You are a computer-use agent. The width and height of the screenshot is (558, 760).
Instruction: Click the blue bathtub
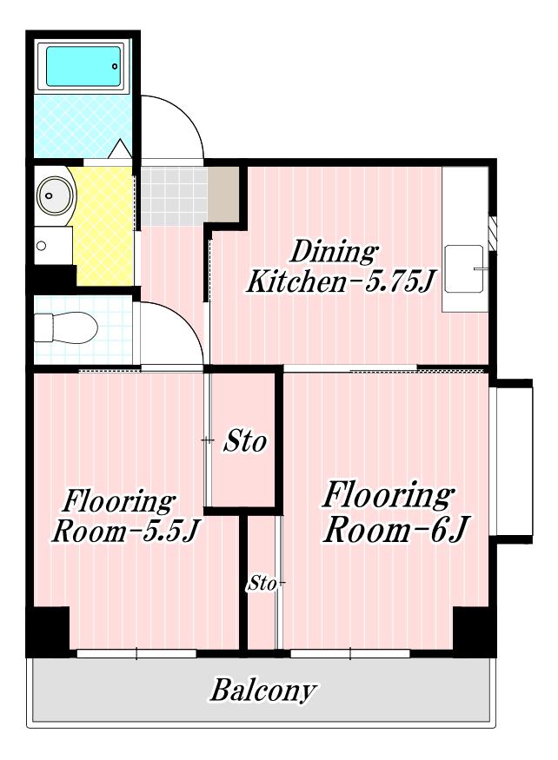pyautogui.click(x=83, y=66)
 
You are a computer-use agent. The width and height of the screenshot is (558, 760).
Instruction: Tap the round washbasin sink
pyautogui.click(x=56, y=195)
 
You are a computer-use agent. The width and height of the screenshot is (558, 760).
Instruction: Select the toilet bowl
pyautogui.click(x=66, y=327)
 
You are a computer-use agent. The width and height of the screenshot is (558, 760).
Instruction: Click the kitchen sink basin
pyautogui.click(x=464, y=268)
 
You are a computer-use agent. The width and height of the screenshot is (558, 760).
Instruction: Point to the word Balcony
pyautogui.click(x=263, y=690)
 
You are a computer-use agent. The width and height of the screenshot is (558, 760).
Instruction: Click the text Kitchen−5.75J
pyautogui.click(x=340, y=281)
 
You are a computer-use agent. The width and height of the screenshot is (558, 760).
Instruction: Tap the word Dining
pyautogui.click(x=334, y=252)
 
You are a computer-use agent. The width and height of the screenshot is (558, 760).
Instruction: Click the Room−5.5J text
pyautogui.click(x=125, y=532)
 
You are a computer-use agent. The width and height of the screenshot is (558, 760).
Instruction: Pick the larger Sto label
pyautogui.click(x=244, y=441)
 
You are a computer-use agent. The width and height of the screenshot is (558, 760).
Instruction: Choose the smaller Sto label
pyautogui.click(x=262, y=584)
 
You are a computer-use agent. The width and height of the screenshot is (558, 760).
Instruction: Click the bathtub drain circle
pyautogui.click(x=115, y=66)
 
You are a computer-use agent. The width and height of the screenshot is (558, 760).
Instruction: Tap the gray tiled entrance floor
pyautogui.click(x=174, y=195)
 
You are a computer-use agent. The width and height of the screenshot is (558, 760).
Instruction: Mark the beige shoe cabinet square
pyautogui.click(x=223, y=194)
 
